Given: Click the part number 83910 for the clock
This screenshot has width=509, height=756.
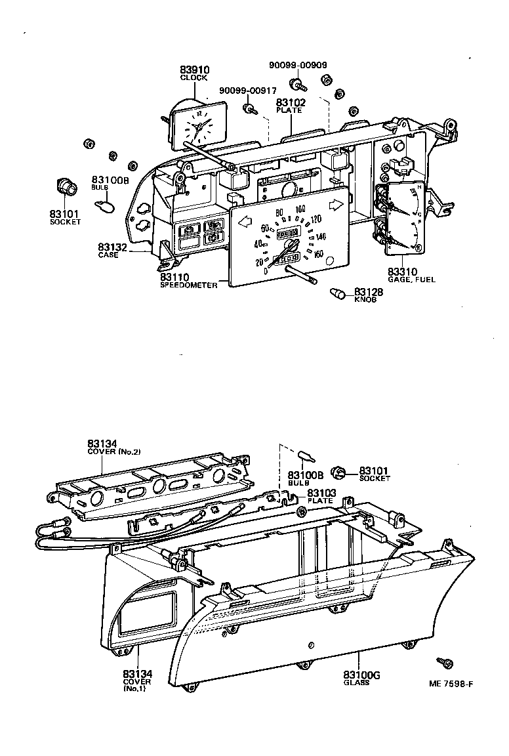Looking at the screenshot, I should coord(194,70).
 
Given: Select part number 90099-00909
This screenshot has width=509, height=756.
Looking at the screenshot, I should coord(298,65).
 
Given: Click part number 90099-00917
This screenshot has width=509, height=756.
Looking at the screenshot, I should coord(247,90).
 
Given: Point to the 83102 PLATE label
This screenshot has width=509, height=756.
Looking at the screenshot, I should coord(289,106).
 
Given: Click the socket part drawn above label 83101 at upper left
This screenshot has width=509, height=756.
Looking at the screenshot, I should coord(66,187).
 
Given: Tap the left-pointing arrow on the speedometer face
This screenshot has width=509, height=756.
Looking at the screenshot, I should coord(246,222).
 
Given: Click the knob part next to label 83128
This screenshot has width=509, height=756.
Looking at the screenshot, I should coord(338,293).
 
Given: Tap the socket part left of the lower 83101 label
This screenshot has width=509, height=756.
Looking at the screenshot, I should coord(340,472).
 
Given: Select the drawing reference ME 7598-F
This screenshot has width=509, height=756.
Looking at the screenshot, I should coord(451,683).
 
